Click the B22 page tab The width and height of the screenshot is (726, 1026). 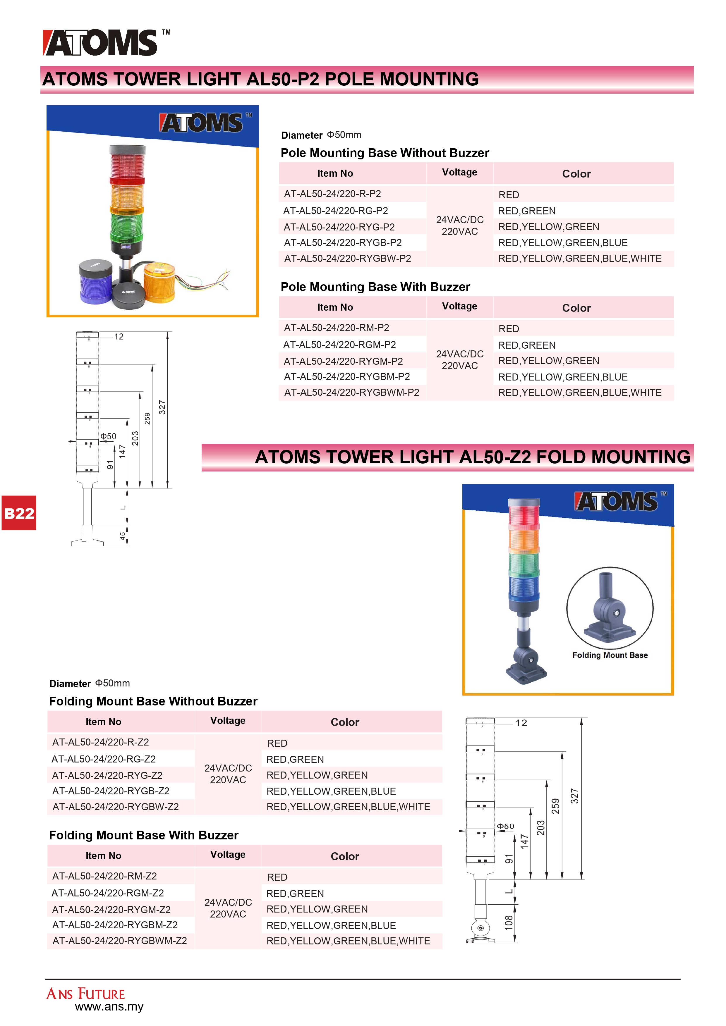[x=19, y=513]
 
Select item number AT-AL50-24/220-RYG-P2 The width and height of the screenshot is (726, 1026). [x=339, y=227]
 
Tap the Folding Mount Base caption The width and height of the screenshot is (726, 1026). [x=610, y=655]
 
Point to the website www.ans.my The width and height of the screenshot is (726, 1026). [x=109, y=1006]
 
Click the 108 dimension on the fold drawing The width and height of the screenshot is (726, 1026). [x=509, y=923]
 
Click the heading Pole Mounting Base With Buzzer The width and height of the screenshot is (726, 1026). [x=375, y=287]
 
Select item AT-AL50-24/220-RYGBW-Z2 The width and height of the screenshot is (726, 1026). [x=115, y=807]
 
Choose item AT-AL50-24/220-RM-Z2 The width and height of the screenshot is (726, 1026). [x=104, y=876]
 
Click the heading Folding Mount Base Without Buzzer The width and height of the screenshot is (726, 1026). [x=153, y=701]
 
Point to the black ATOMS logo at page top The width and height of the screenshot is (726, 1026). [x=101, y=43]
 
